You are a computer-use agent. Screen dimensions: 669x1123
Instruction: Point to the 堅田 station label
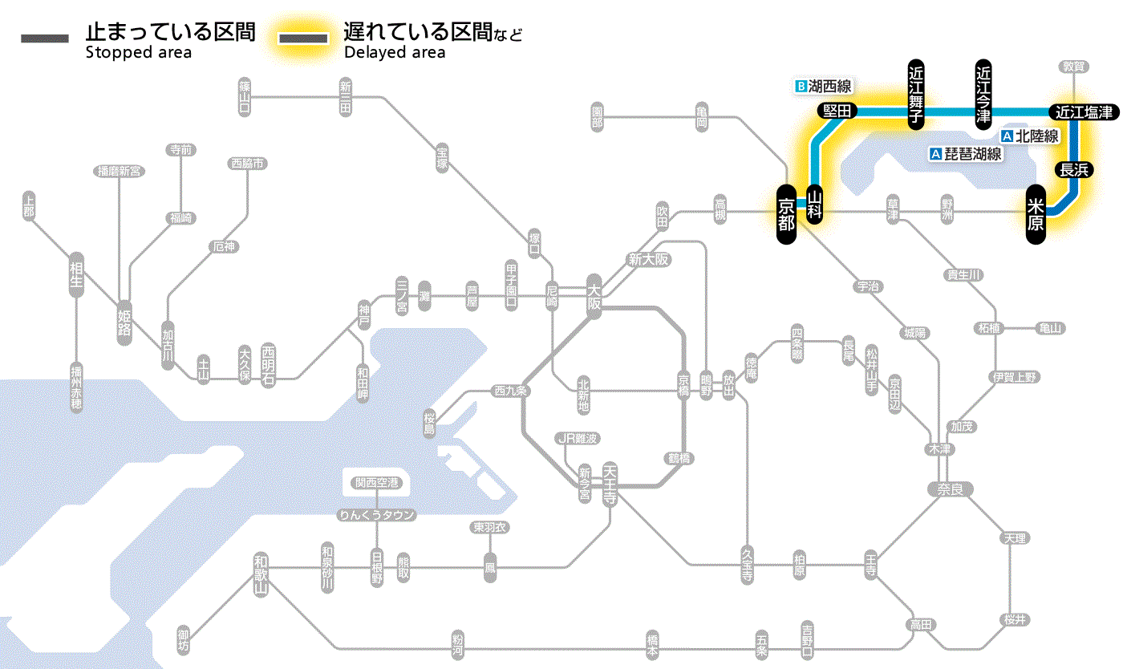click(837, 111)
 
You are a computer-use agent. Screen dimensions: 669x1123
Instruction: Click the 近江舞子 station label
click(916, 93)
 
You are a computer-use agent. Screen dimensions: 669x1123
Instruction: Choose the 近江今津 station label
click(983, 93)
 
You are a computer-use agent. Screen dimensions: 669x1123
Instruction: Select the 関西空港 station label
click(376, 483)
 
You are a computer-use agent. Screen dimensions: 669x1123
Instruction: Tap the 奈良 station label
click(950, 489)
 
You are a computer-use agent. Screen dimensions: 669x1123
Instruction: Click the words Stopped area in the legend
click(139, 53)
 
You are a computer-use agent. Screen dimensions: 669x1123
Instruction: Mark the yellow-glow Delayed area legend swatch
click(302, 39)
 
